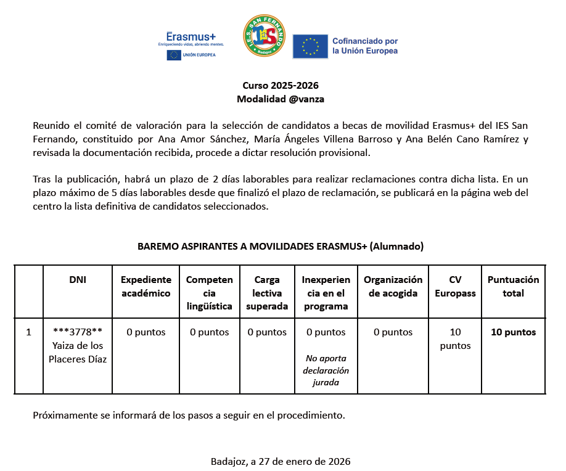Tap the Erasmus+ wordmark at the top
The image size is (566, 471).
(191, 36)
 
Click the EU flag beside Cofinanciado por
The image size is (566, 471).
(310, 46)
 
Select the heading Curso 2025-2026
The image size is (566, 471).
(281, 86)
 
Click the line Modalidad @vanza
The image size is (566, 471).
(281, 99)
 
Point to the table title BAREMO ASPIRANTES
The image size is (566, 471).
(281, 246)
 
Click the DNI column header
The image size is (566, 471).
(78, 279)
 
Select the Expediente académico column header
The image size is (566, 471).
(146, 286)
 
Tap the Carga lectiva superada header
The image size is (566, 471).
(266, 293)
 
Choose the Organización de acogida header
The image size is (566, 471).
(393, 286)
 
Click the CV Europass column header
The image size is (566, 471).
(455, 286)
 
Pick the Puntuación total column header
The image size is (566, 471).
(513, 286)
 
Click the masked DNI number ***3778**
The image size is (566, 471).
(78, 332)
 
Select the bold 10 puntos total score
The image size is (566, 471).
(513, 332)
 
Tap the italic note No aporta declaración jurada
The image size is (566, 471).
(326, 371)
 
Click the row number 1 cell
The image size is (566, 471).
(28, 332)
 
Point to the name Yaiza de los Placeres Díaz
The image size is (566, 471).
(78, 352)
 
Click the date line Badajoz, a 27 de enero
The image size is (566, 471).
(281, 461)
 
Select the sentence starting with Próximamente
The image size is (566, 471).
(189, 415)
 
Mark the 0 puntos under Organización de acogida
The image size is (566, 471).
(393, 332)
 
